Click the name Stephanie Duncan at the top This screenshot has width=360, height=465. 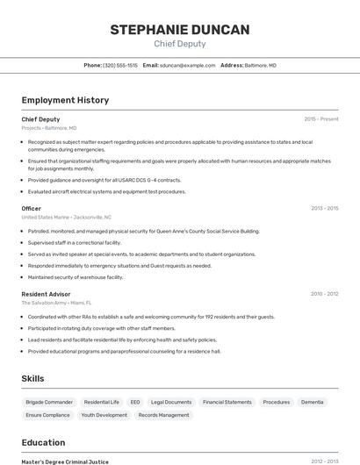[x=179, y=30]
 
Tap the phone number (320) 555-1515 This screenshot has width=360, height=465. [x=120, y=65]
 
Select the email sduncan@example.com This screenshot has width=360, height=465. [x=187, y=65]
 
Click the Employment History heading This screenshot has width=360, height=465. [x=65, y=100]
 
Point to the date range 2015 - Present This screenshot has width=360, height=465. [x=320, y=118]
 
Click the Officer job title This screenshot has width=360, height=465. [x=32, y=209]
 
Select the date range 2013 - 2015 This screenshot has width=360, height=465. [x=324, y=209]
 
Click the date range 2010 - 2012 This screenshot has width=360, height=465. [x=324, y=294]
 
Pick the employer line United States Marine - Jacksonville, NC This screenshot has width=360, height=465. [x=67, y=217]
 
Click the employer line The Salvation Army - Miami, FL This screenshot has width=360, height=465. [x=57, y=303]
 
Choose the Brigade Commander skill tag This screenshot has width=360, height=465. [x=49, y=402]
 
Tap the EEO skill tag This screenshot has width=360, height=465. [x=135, y=402]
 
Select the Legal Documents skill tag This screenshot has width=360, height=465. [x=171, y=402]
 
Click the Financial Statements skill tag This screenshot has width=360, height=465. [x=227, y=402]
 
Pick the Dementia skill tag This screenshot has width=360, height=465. [x=312, y=402]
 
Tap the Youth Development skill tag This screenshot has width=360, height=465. [x=104, y=415]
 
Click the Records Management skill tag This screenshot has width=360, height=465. [x=163, y=415]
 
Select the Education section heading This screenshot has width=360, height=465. [x=43, y=442]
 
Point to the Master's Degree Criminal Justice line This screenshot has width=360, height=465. [x=65, y=461]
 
